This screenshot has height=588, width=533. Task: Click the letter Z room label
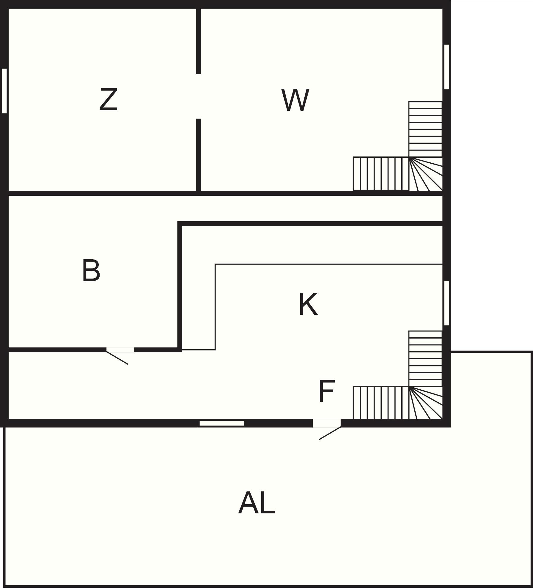[x=108, y=99]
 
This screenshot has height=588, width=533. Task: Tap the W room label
[x=295, y=100]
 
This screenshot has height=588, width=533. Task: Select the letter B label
[x=91, y=270]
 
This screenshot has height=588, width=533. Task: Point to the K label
[x=308, y=304]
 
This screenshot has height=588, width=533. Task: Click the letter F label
[x=326, y=391]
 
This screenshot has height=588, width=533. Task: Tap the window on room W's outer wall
[x=446, y=67]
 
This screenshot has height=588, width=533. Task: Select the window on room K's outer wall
[x=446, y=303]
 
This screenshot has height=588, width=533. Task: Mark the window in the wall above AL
[x=222, y=423]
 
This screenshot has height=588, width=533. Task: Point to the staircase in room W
[x=398, y=146]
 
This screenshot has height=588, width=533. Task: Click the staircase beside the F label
[x=398, y=375]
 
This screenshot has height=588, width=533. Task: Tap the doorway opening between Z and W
[x=198, y=97]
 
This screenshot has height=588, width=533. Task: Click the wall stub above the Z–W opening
[x=198, y=41]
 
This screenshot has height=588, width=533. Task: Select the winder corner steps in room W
[x=426, y=174]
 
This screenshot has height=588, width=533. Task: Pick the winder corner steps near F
[x=426, y=403]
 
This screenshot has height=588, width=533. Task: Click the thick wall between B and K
[x=180, y=286]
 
